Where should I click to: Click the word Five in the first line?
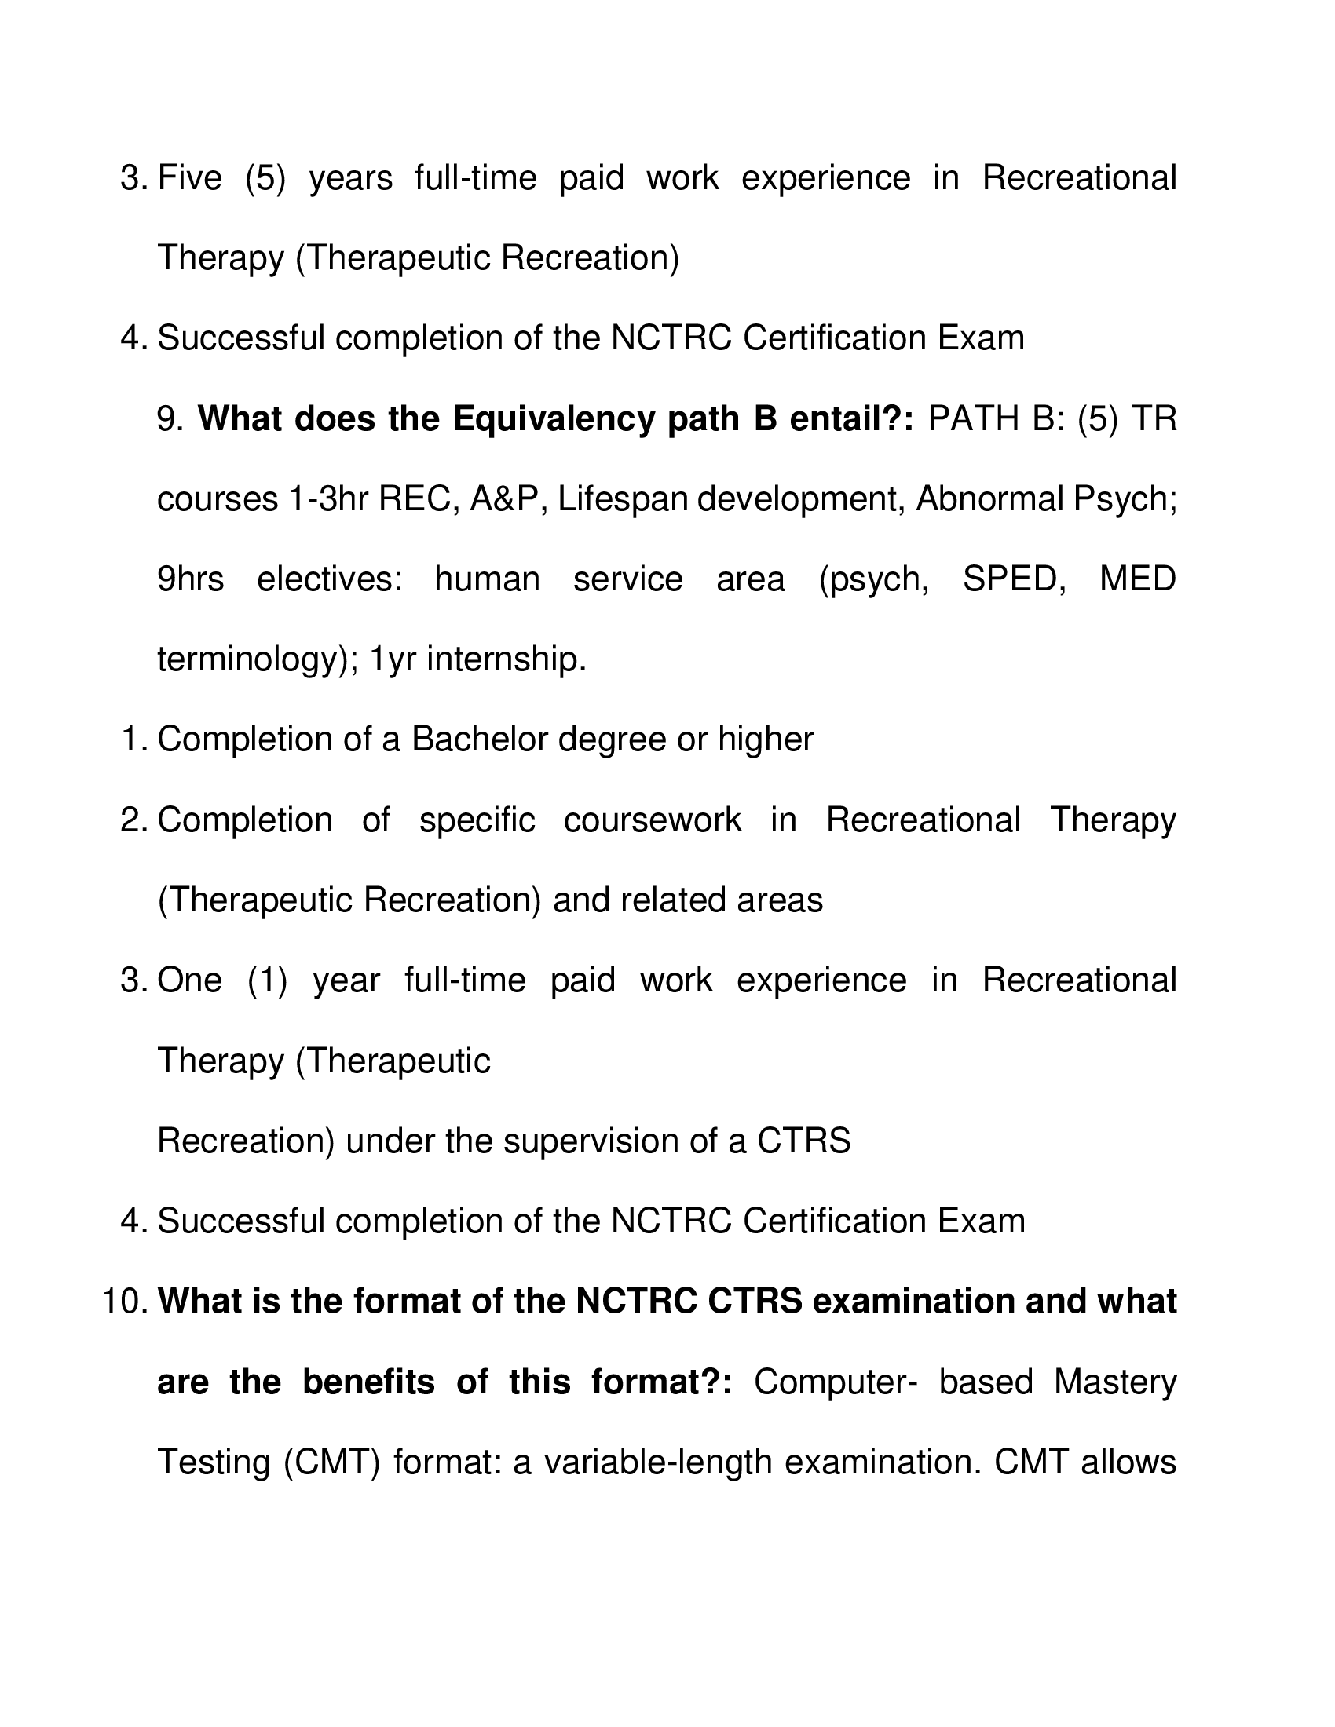[190, 177]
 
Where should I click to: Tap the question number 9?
[170, 418]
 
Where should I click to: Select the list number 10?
[125, 1302]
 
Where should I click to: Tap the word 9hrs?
[191, 579]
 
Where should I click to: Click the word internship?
[507, 659]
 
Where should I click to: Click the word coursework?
[653, 820]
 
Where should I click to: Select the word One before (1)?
[190, 980]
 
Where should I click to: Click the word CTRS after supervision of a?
[803, 1141]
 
